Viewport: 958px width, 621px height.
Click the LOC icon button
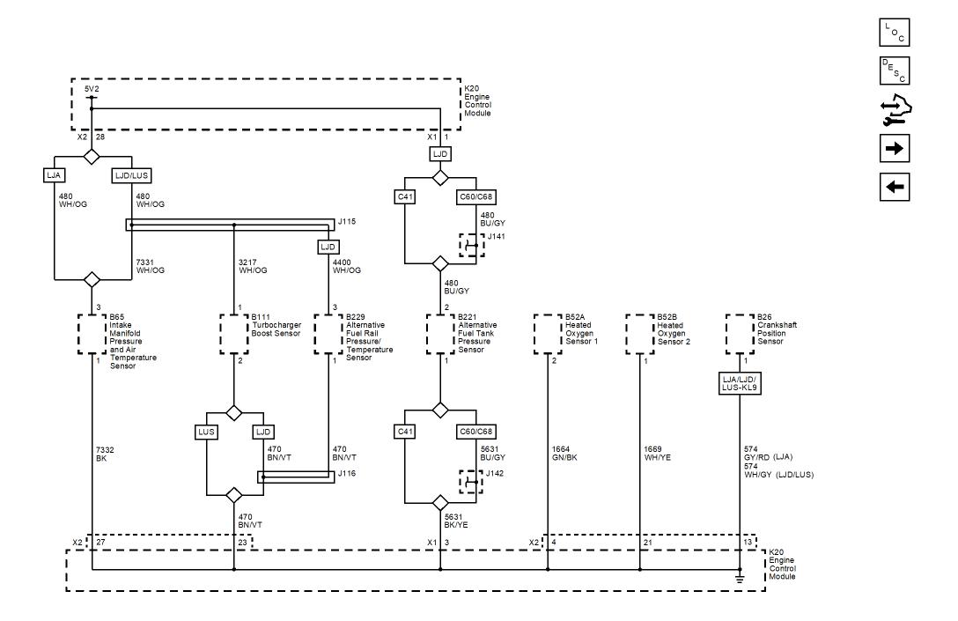(895, 33)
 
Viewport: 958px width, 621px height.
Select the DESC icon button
(895, 70)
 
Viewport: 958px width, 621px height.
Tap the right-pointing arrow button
(895, 147)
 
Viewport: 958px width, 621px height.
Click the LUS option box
(206, 432)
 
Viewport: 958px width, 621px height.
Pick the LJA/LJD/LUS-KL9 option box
(740, 383)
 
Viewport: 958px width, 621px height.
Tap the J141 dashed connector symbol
(472, 244)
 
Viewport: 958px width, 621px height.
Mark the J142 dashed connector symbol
(472, 483)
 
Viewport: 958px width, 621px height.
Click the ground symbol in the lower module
(740, 578)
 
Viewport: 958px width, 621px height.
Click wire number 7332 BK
(104, 454)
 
